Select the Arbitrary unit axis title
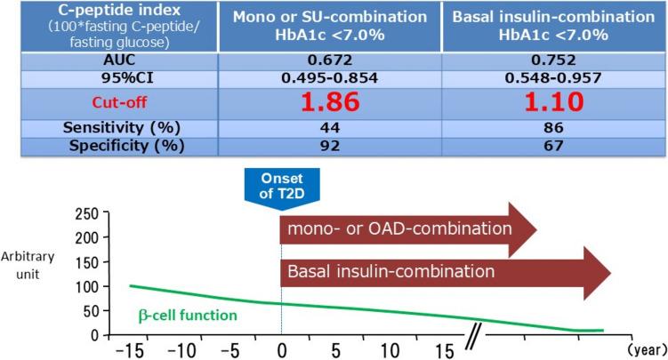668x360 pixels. [28, 265]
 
